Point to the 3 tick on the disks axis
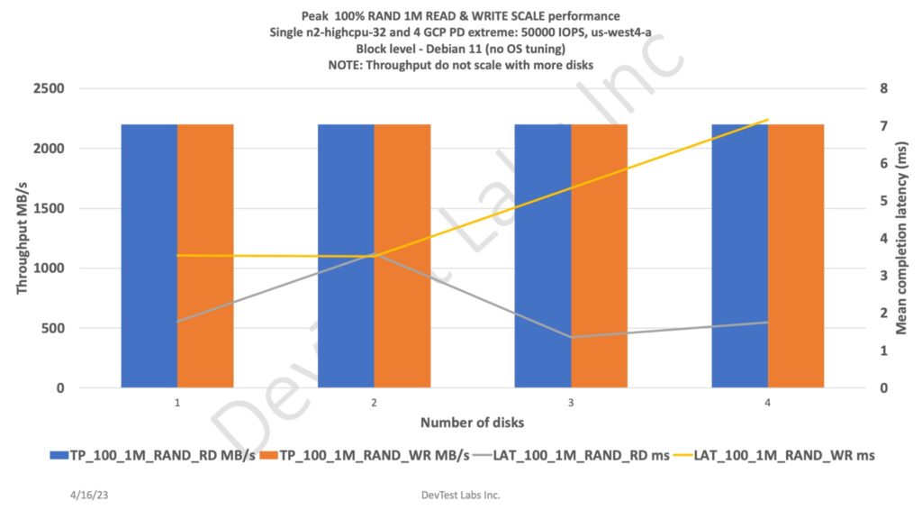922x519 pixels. coord(571,402)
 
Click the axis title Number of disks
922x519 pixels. coord(460,422)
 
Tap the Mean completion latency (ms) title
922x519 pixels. coord(900,238)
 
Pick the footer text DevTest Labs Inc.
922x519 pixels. coord(460,495)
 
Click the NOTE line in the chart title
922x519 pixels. coord(461,64)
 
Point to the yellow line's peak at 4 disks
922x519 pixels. coord(767,120)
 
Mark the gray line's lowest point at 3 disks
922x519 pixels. coord(571,337)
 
